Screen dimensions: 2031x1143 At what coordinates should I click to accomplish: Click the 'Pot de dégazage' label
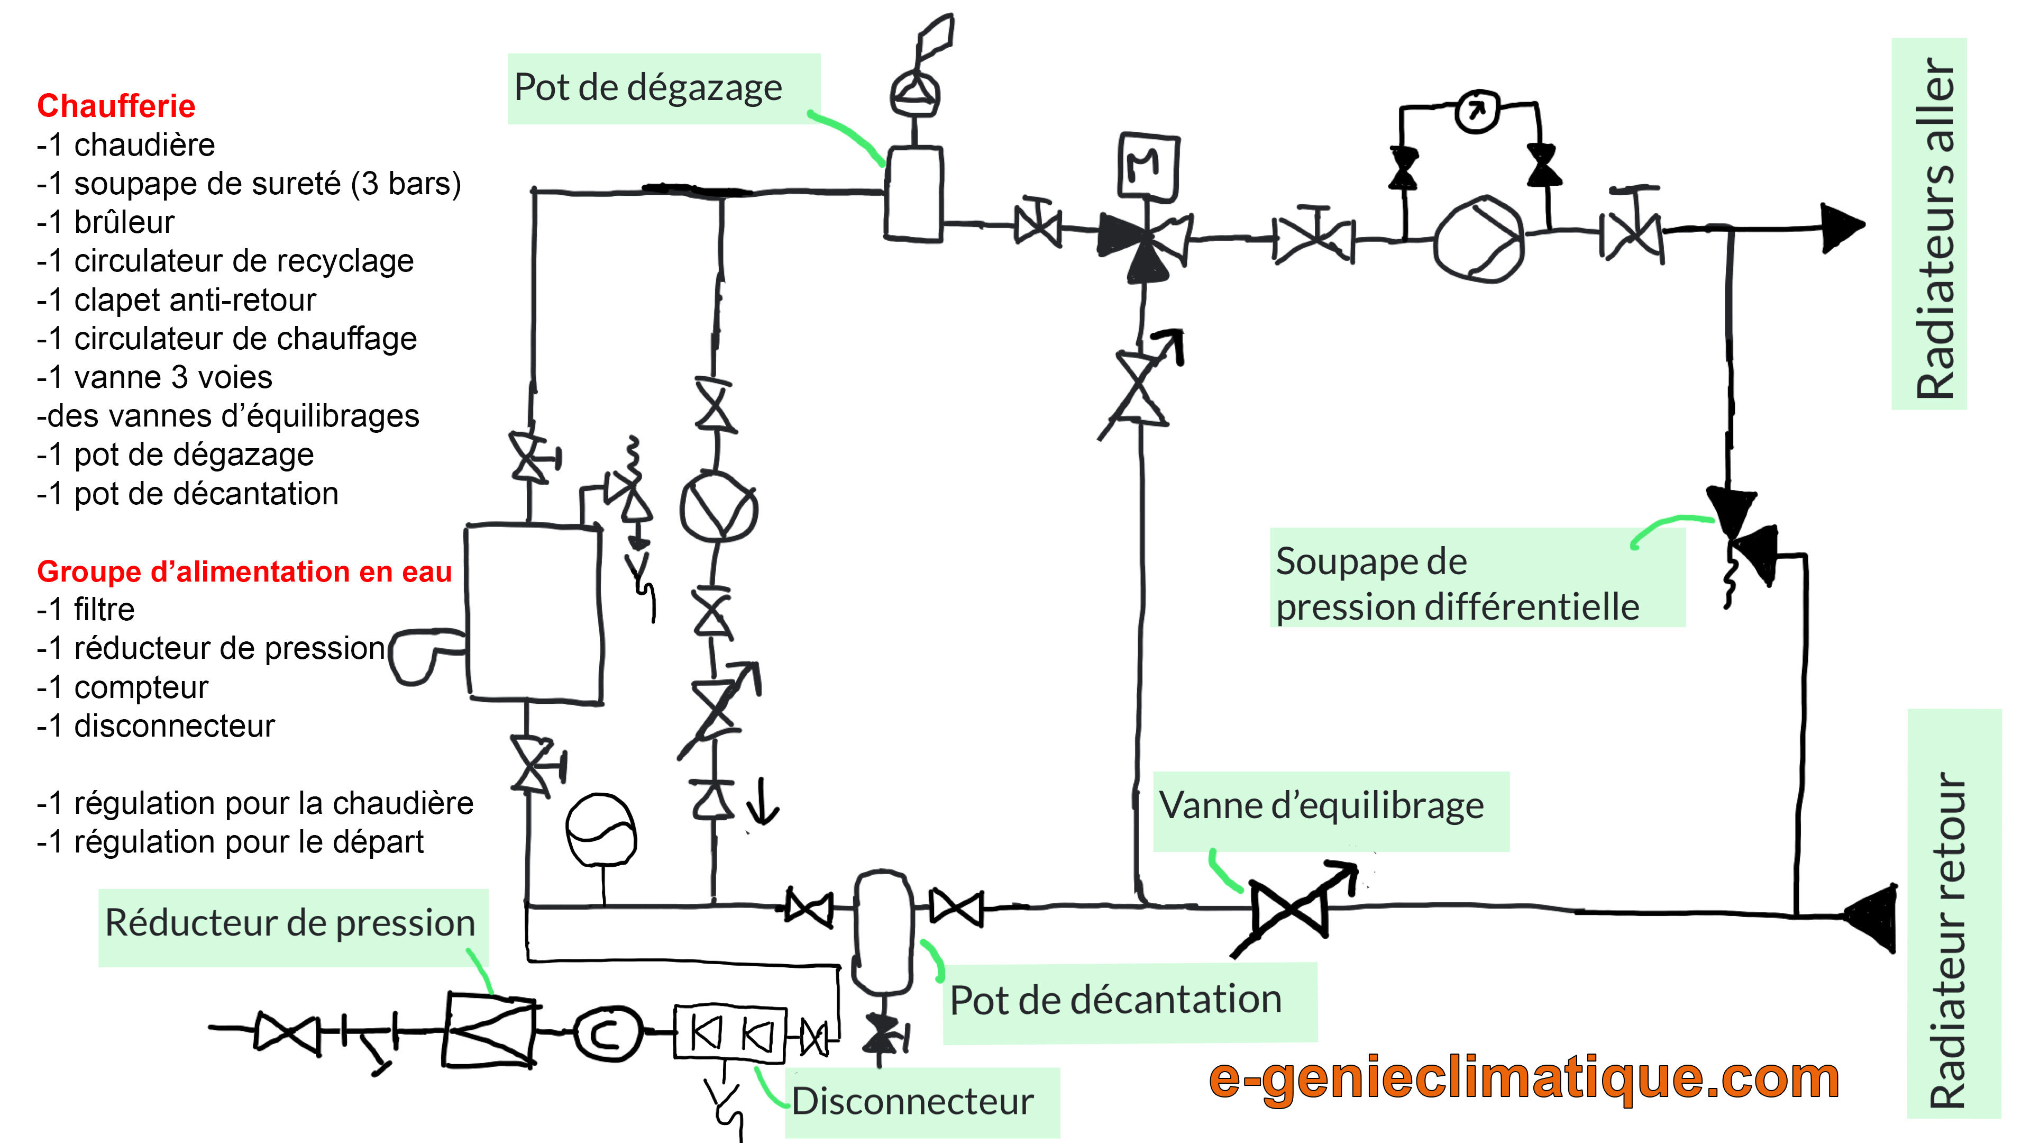[648, 87]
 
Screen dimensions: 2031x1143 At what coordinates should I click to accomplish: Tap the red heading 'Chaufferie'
[116, 106]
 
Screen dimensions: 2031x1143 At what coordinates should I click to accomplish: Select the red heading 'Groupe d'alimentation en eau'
[244, 571]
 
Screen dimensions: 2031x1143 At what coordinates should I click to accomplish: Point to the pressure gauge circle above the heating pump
[1477, 111]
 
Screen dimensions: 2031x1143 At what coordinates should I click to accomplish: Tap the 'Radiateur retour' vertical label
[1946, 941]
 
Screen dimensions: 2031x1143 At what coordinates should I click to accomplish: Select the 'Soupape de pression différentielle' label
[1457, 584]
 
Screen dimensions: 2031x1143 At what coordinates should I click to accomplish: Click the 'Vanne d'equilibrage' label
[1321, 806]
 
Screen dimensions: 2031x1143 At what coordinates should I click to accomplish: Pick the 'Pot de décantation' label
[1115, 1000]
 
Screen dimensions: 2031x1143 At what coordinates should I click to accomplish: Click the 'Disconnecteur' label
[912, 1101]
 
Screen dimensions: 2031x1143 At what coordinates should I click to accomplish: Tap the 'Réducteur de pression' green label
[290, 923]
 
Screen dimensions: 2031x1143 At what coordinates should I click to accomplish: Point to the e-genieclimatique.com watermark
[1524, 1078]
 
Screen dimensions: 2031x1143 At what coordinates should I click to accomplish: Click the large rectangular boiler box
[534, 612]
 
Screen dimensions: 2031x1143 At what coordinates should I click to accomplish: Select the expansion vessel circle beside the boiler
[601, 830]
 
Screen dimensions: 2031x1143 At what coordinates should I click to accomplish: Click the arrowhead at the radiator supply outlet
[1842, 227]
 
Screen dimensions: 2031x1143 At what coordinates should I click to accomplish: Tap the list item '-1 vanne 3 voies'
[154, 377]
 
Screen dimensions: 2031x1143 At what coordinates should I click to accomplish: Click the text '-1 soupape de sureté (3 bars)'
[249, 184]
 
